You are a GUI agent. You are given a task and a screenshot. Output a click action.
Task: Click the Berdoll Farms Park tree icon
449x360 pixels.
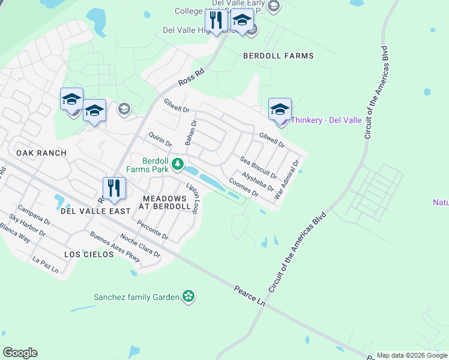pos(177,163)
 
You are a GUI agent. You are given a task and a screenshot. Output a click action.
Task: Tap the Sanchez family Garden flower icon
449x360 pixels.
pos(189,296)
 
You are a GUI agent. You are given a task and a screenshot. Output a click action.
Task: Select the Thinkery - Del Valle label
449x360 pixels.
pos(326,120)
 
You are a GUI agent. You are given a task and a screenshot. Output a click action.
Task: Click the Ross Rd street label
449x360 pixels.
pos(191,77)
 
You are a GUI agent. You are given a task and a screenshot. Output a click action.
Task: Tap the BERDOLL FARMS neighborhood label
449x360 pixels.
pos(278,56)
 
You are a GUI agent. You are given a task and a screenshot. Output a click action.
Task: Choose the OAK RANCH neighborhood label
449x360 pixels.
pos(41,153)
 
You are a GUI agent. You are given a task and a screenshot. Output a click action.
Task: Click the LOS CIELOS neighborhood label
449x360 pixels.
pos(89,254)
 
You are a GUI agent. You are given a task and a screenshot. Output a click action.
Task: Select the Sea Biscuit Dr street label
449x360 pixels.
pos(258,168)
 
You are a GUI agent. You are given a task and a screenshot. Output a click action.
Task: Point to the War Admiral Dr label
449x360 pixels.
pos(286,179)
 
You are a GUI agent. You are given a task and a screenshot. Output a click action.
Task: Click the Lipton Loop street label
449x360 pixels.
pos(192,197)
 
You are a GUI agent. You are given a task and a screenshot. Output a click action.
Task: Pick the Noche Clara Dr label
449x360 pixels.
pos(140,245)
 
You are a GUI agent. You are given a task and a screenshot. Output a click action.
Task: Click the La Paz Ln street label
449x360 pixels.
pos(46,265)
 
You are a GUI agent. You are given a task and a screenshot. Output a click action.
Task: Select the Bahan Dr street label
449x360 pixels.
pos(191,133)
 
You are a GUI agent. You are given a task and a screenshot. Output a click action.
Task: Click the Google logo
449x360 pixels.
pos(20,353)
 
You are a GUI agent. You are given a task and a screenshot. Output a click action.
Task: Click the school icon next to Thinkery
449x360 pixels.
pos(280,109)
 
